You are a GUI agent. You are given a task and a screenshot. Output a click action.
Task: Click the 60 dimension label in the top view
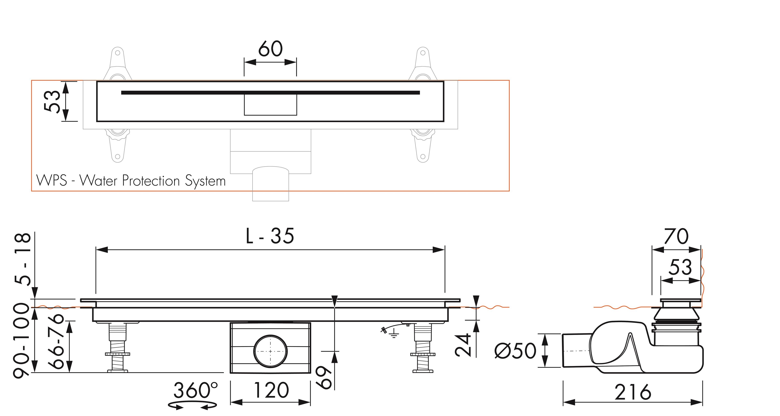(x=270, y=49)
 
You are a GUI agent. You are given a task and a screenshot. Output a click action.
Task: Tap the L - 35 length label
(x=270, y=236)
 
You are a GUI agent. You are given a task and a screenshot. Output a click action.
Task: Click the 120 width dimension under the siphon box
(x=271, y=391)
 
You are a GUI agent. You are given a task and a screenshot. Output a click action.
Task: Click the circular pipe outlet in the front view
(x=270, y=351)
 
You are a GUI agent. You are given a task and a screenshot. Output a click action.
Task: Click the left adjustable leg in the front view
(x=117, y=348)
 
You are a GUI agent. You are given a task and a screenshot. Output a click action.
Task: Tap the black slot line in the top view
(x=270, y=93)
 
